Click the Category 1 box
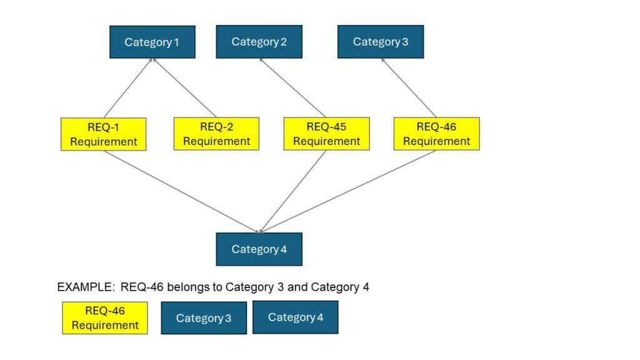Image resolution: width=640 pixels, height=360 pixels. [x=152, y=42]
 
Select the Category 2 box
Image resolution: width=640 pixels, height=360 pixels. [x=259, y=42]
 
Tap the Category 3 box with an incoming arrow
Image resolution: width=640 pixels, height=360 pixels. [x=380, y=42]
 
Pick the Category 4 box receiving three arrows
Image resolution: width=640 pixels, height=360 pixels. [x=259, y=249]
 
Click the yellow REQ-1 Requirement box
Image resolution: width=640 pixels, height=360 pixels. [x=103, y=134]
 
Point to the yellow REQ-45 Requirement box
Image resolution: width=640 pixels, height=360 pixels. [x=326, y=134]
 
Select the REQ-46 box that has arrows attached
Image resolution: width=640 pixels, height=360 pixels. [x=436, y=134]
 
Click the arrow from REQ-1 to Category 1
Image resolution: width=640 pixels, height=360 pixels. [x=128, y=88]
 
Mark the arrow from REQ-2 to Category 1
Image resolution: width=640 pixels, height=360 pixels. [x=184, y=88]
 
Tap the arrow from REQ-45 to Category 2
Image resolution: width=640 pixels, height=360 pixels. [x=292, y=88]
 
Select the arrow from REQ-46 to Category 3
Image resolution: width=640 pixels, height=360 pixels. [x=409, y=88]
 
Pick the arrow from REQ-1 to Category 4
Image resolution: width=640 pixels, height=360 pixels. [x=181, y=191]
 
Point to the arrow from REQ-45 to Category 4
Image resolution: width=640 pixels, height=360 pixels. [x=292, y=191]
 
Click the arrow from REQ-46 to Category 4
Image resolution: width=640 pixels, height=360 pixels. [x=347, y=191]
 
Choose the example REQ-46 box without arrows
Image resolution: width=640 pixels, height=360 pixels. [x=105, y=318]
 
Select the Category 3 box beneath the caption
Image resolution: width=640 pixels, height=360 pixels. [x=204, y=318]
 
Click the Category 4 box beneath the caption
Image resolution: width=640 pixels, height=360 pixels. [x=296, y=317]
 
